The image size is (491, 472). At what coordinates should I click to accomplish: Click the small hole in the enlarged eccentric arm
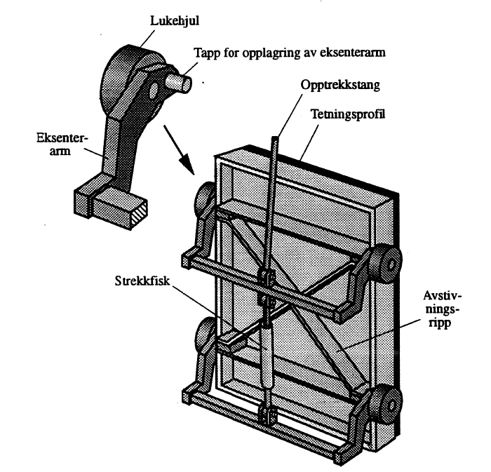point(153,91)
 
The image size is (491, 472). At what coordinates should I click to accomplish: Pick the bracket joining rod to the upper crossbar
point(265,281)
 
